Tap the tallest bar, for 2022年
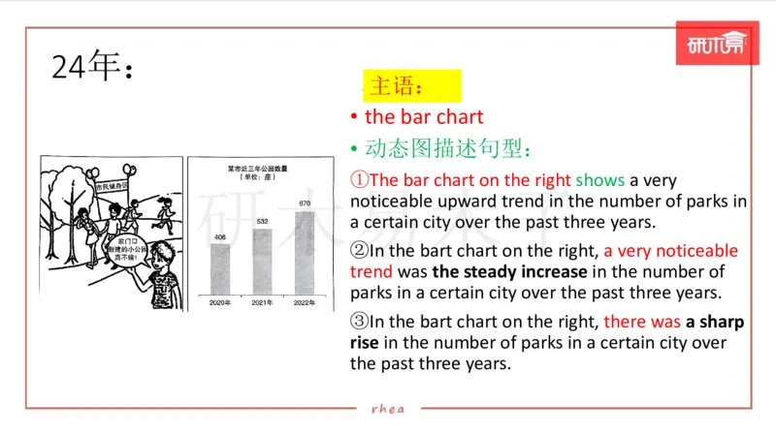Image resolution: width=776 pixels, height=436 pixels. pos(304,252)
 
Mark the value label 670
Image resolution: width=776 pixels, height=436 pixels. pos(304,203)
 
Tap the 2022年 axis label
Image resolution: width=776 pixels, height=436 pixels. pos(305,303)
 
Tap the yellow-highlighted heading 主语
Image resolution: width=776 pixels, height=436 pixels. pos(397,86)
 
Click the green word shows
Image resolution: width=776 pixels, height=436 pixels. pos(600,180)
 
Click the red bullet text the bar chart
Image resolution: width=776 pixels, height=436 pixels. pos(424,117)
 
